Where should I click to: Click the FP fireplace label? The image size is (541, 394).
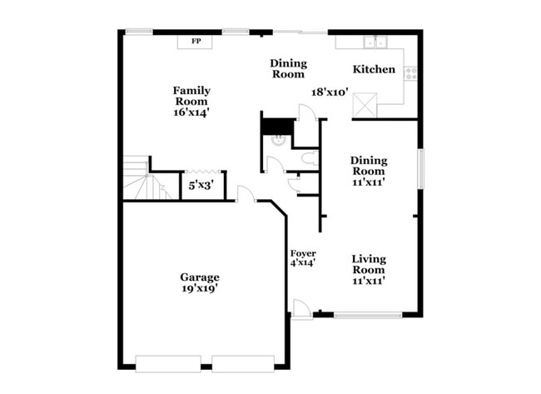coord(196,41)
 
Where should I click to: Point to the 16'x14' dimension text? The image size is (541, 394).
coord(191,112)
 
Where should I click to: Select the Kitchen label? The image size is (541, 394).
coord(374,69)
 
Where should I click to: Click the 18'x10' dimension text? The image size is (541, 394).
coord(330,93)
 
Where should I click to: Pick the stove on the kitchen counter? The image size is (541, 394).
coord(409,72)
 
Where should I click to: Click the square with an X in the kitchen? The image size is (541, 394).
coord(365,105)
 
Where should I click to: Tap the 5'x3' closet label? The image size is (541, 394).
coord(201,186)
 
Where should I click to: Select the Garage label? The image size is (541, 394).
coord(200,277)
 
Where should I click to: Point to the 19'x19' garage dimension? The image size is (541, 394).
coord(200,289)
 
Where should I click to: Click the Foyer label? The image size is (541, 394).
coord(302,253)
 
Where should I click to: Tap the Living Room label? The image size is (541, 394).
coord(367,264)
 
